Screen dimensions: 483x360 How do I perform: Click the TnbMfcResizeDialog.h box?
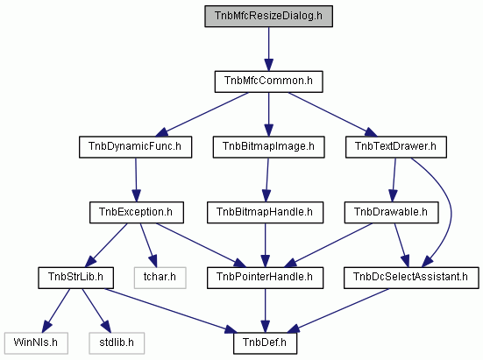point(268,16)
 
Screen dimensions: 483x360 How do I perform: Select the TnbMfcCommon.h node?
point(268,81)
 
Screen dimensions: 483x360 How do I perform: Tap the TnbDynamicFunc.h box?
point(135,147)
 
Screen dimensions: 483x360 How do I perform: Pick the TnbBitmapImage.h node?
point(268,147)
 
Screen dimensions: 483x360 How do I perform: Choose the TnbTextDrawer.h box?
point(396,147)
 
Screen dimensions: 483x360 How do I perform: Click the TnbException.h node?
point(137,213)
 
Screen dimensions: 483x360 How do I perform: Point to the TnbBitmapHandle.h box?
point(265,213)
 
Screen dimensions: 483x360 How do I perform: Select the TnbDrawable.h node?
point(391,213)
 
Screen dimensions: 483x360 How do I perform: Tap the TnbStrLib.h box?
point(75,278)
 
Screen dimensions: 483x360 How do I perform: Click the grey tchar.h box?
point(160,278)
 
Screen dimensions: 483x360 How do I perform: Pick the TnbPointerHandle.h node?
point(265,278)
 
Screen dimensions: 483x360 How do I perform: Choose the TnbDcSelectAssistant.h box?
point(411,278)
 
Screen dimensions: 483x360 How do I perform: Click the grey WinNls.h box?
point(36,343)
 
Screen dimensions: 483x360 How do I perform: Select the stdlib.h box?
point(117,343)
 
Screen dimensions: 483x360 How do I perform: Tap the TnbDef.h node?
point(265,343)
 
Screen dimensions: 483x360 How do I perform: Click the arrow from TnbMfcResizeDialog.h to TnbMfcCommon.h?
point(268,49)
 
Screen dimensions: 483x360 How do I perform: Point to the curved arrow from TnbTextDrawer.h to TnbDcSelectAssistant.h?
point(451,212)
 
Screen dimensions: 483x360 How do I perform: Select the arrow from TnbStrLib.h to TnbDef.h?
point(171,311)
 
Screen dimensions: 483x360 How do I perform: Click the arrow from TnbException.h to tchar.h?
point(148,245)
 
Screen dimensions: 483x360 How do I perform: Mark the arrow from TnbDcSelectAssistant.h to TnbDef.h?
point(338,310)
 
